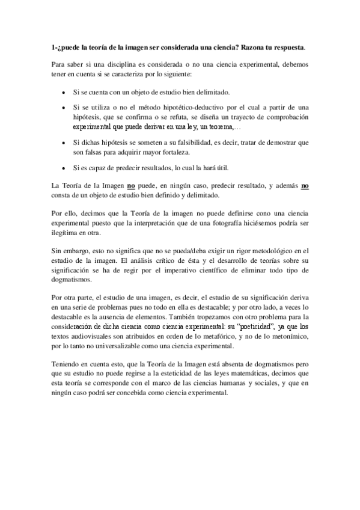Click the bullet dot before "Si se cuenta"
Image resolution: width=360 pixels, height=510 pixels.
pyautogui.click(x=64, y=94)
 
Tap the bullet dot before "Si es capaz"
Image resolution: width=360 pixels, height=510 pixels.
pyautogui.click(x=64, y=167)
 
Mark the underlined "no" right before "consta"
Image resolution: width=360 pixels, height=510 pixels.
pyautogui.click(x=305, y=186)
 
